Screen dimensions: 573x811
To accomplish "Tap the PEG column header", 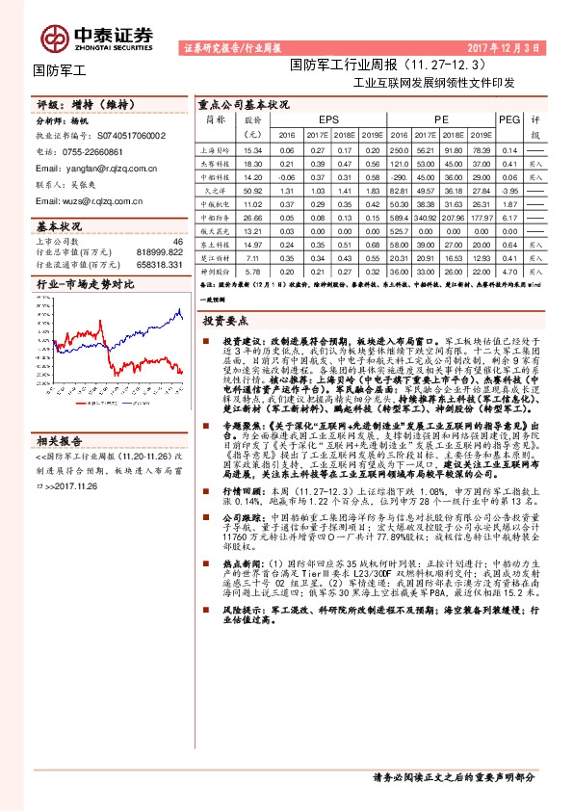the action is (509, 119).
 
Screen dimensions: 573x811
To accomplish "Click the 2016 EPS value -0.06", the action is (286, 177).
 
